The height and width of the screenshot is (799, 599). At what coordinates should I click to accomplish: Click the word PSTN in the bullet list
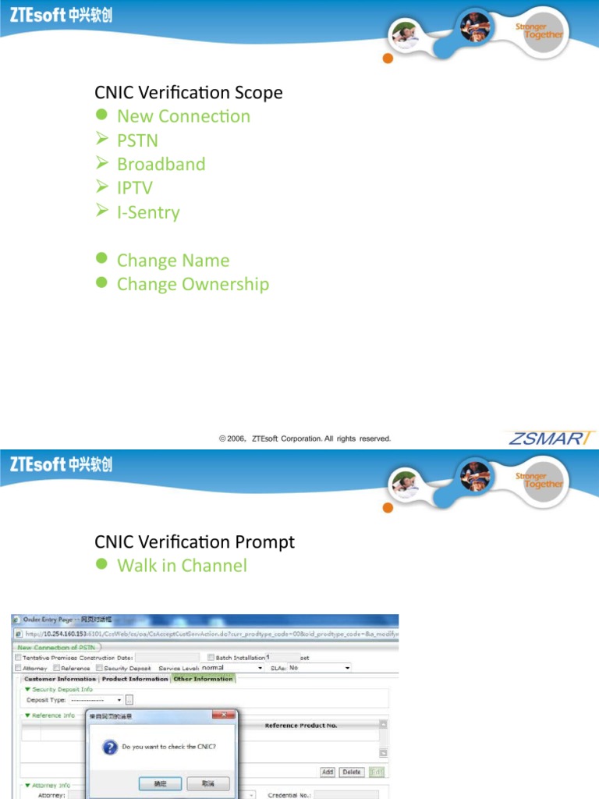(x=137, y=140)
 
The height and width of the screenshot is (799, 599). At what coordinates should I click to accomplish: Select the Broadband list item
(x=161, y=165)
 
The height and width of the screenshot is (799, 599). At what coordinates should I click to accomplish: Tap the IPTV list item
(x=134, y=188)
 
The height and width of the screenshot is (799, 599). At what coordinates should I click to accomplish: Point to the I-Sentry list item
(x=148, y=212)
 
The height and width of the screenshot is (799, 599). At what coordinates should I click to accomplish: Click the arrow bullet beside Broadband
(x=101, y=163)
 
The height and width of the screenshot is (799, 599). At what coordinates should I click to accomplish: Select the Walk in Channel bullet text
(x=182, y=566)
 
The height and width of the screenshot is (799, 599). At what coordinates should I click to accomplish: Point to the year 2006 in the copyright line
(x=236, y=439)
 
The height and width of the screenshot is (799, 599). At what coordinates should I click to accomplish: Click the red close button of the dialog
(x=226, y=716)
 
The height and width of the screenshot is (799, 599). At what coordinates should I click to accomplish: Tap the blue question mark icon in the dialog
(x=110, y=747)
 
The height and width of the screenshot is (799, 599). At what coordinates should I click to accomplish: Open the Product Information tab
(x=135, y=679)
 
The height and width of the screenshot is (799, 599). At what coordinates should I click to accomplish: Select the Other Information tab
(x=203, y=679)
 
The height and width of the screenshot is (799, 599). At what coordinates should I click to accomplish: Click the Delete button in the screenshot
(x=352, y=772)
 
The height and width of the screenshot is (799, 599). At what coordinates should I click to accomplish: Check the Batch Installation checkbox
(x=211, y=658)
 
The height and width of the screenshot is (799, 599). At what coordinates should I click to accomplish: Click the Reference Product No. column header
(x=301, y=726)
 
